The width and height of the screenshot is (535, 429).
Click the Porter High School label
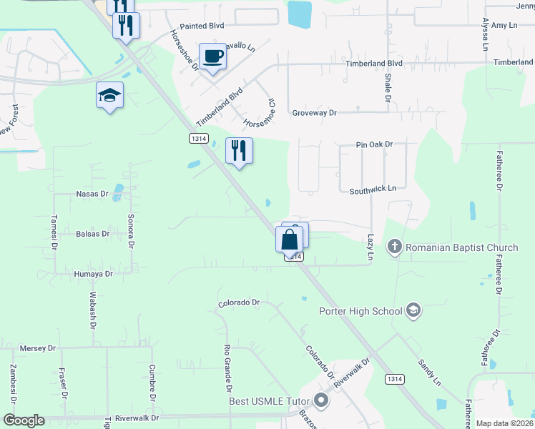coord(360,311)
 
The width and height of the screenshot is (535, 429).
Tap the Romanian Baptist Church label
coord(461,248)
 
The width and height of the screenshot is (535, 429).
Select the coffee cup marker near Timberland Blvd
coord(212,56)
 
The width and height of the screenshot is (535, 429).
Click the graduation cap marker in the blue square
coord(109,95)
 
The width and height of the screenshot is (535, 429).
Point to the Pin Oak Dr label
coord(375,144)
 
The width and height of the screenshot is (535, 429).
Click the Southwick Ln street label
coord(373,190)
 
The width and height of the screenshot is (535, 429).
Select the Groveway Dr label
coord(314,113)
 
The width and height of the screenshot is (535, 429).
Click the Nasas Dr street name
coord(92,194)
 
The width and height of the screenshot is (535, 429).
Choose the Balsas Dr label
coord(92,234)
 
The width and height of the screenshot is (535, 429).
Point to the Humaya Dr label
coord(93,274)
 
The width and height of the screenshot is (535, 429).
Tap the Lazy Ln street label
coord(370,247)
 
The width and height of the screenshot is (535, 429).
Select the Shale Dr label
coord(388,87)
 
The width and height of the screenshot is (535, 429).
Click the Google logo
coord(24,420)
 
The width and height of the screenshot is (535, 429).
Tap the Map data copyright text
coord(504,423)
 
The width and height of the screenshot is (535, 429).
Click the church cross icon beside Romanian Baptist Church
coord(394,248)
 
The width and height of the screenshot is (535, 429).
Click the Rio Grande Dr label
coord(228,369)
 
